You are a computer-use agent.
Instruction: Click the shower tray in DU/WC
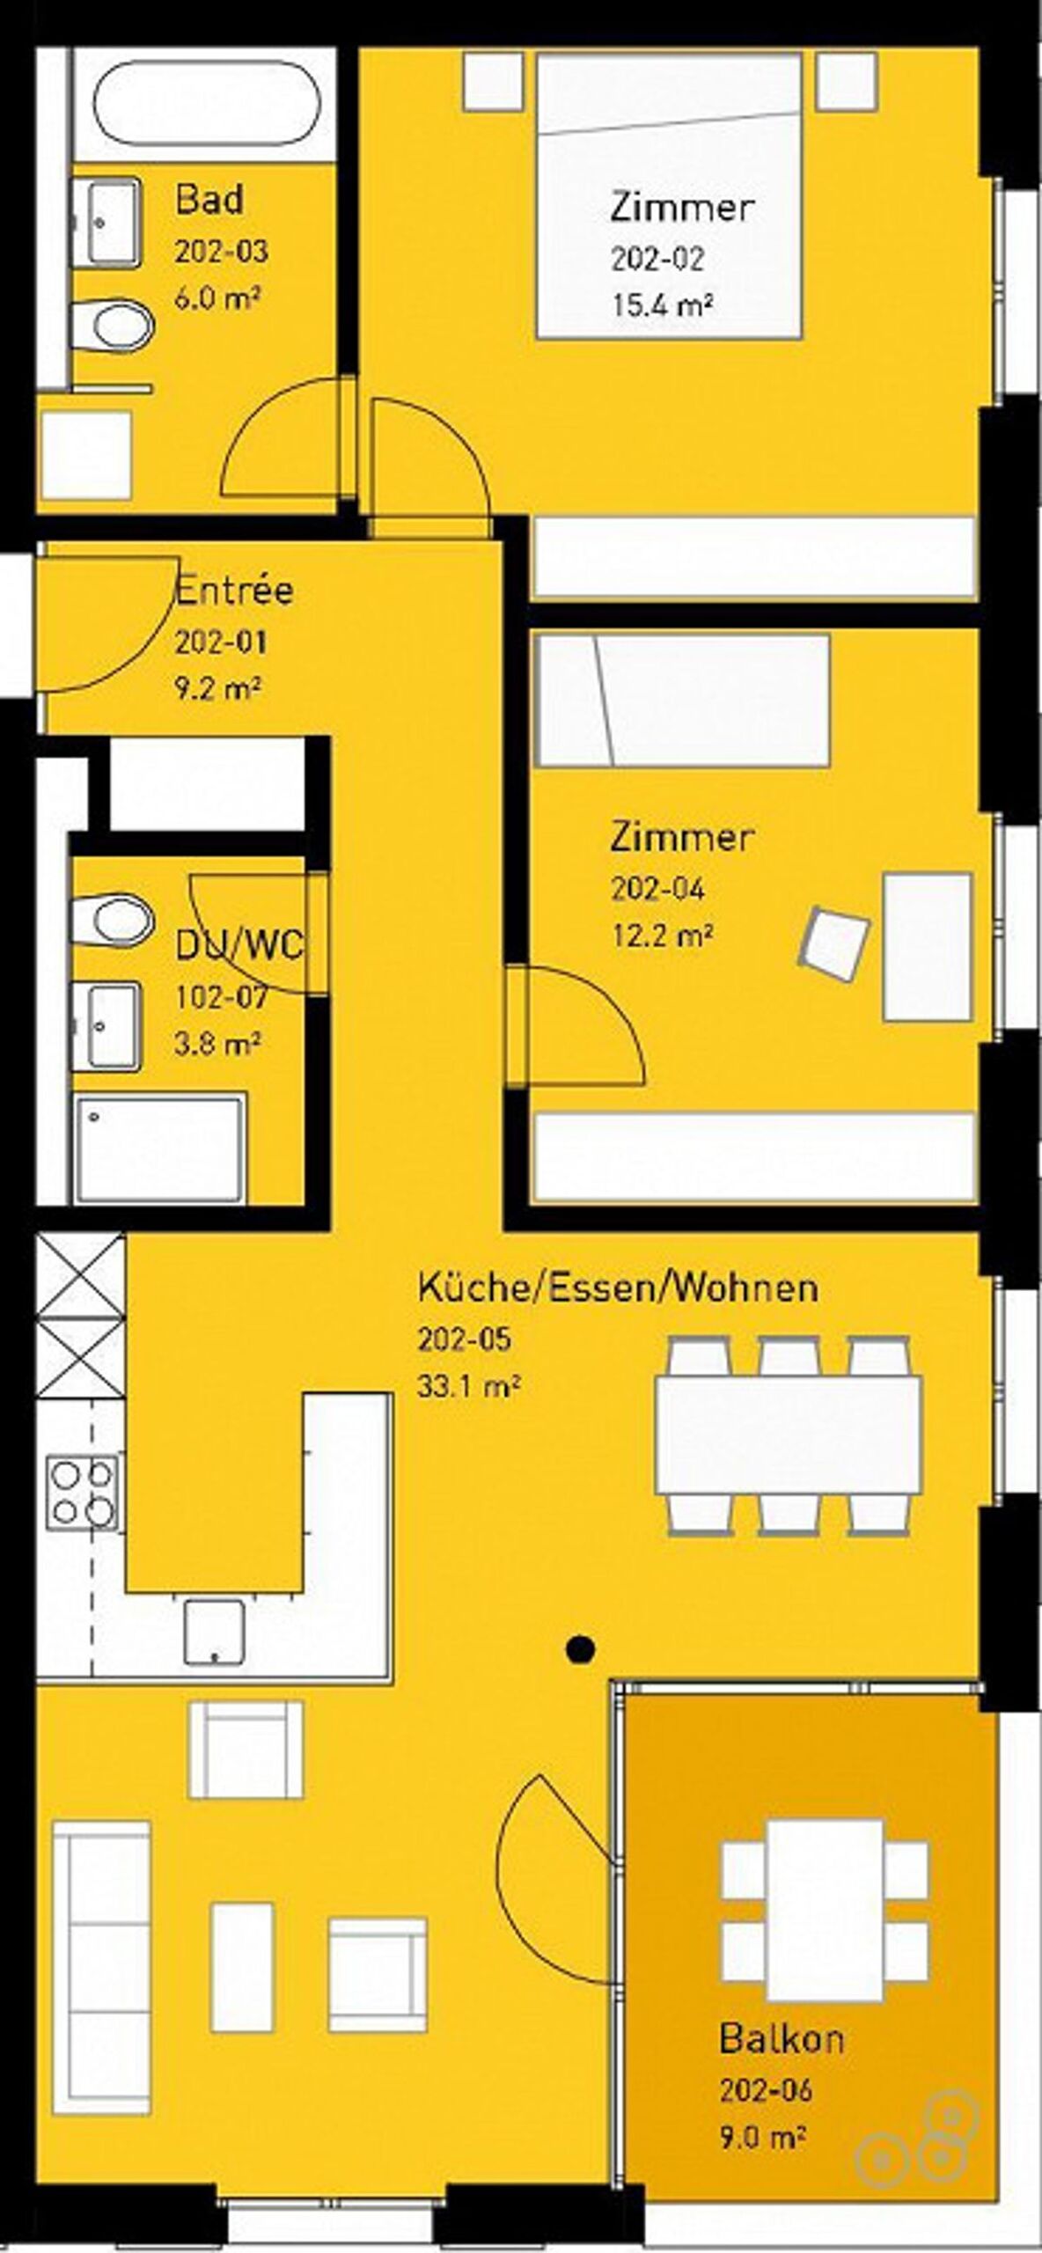click(159, 1149)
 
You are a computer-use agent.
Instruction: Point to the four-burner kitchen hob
click(82, 1492)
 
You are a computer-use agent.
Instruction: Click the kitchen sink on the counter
click(214, 1632)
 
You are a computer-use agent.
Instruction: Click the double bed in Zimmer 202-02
click(670, 195)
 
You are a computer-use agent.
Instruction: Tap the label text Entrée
click(234, 591)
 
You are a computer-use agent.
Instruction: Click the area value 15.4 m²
click(662, 305)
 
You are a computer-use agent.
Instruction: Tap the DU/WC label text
click(239, 946)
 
